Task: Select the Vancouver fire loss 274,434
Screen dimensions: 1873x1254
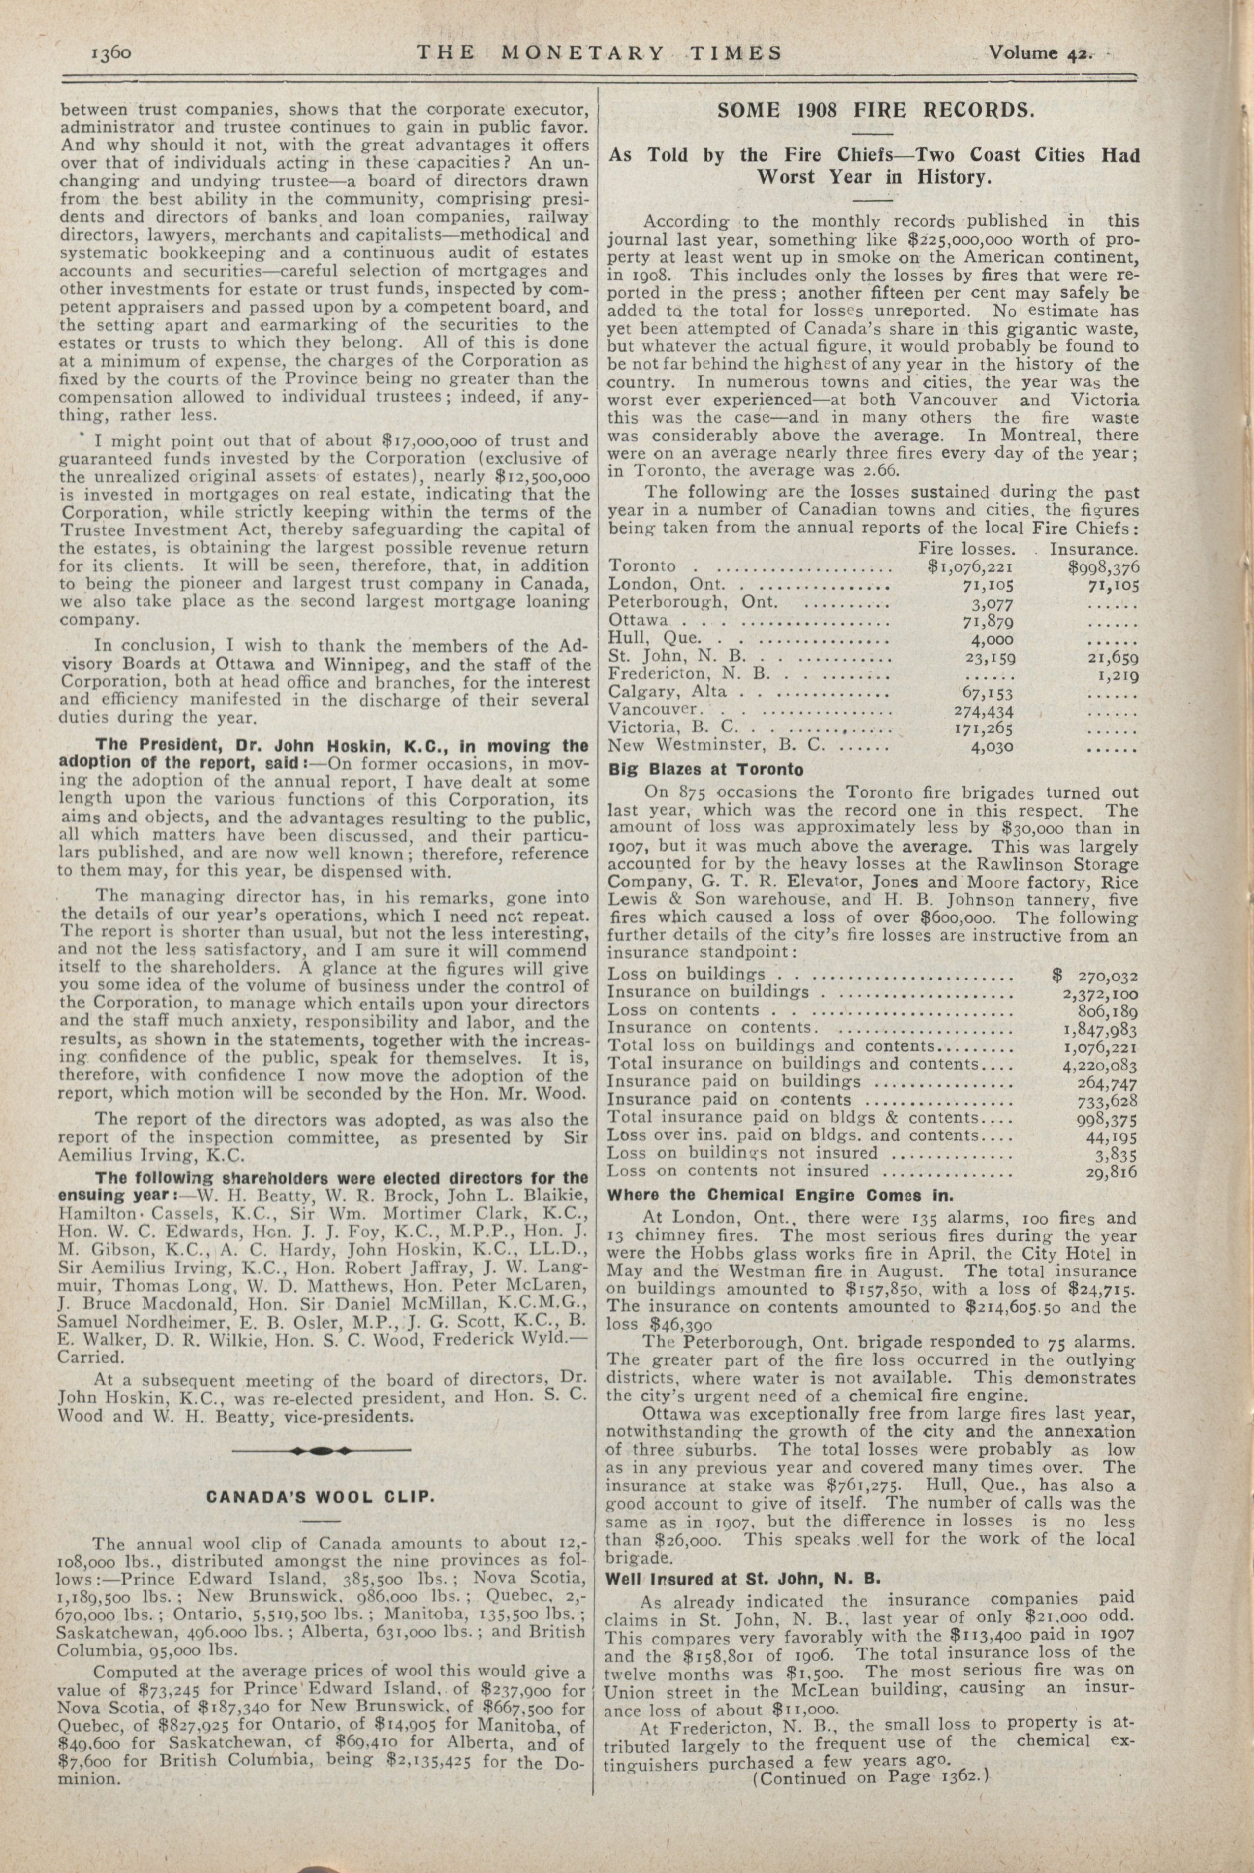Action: click(985, 710)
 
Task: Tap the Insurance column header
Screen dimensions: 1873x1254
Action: click(1094, 549)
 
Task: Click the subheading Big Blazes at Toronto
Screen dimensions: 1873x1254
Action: click(705, 769)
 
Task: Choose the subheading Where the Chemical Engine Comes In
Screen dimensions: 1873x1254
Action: click(781, 1196)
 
